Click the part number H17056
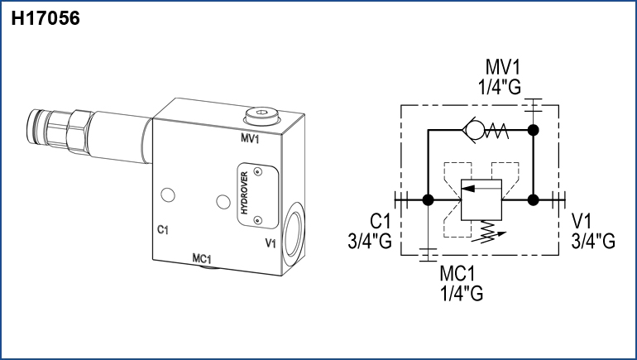click(x=45, y=19)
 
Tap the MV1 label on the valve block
click(x=251, y=138)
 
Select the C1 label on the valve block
click(x=163, y=229)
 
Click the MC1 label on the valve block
click(x=204, y=258)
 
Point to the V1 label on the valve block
click(x=270, y=243)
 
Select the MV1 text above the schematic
click(x=504, y=67)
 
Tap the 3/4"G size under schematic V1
click(x=593, y=241)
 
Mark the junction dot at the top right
click(x=534, y=130)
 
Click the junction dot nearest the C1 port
click(x=429, y=199)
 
